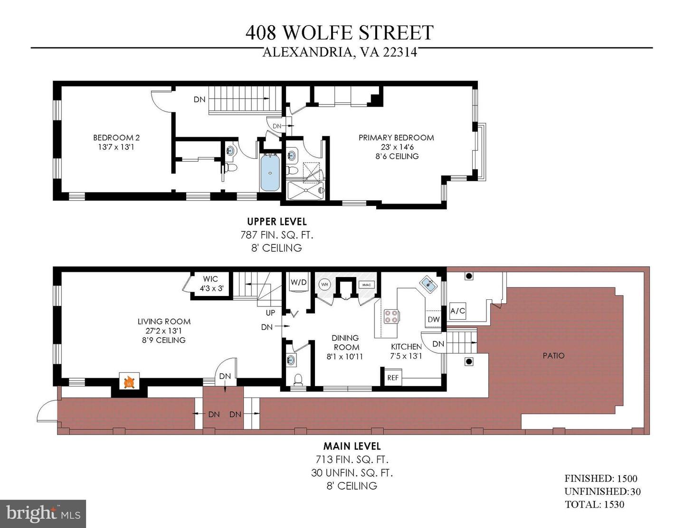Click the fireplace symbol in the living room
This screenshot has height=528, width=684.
coord(129,381)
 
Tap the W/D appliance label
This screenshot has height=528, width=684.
coord(298,282)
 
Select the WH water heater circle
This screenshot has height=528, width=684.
coord(324,285)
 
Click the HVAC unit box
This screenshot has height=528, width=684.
coord(367,285)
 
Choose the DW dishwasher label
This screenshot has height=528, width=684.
coord(434,320)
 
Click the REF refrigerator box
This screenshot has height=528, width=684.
coord(393,378)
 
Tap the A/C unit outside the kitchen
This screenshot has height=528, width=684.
coord(457,311)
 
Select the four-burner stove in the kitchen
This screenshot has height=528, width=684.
coord(391,316)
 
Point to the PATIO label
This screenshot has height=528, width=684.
coord(553,356)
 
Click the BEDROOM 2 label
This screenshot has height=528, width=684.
coord(116,138)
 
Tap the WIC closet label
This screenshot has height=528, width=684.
coord(210,279)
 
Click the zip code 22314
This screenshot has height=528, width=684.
coord(400,52)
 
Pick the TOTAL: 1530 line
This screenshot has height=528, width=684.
coord(594,504)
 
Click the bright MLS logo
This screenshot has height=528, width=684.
coord(43,514)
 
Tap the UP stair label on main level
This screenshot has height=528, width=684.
coord(270,313)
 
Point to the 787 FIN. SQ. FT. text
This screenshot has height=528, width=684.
coord(276,235)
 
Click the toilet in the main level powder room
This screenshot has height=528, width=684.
coord(298,380)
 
